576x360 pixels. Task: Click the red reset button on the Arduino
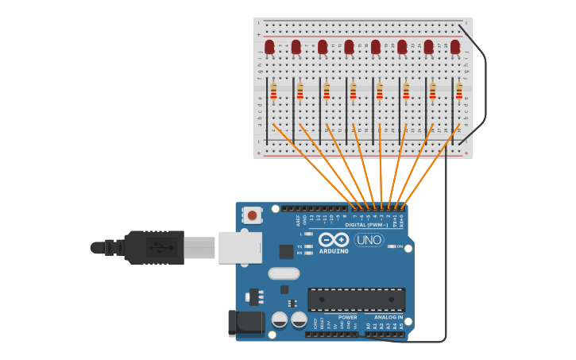[x=253, y=215]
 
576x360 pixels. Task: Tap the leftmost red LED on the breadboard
[x=269, y=47]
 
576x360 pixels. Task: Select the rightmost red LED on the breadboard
[x=455, y=47]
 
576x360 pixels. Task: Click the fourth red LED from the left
[x=349, y=47]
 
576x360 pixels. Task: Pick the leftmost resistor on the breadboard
[x=273, y=92]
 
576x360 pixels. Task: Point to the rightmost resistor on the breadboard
[x=459, y=92]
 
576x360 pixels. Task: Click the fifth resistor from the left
[x=380, y=92]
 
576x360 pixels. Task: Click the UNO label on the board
[x=369, y=240]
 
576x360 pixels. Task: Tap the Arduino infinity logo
[x=334, y=239]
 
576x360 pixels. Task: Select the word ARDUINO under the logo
[x=334, y=251]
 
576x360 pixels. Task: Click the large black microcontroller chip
[x=356, y=300]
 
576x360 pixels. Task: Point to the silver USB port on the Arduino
[x=240, y=247]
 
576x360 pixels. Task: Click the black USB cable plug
[x=155, y=247]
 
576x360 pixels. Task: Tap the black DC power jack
[x=246, y=323]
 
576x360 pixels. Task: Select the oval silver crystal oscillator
[x=284, y=273]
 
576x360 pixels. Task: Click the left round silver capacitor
[x=280, y=319]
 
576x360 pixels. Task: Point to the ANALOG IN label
[x=389, y=317]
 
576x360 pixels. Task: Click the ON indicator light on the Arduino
[x=392, y=246]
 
